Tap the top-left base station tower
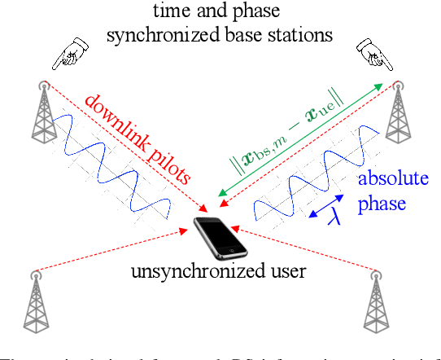[x=43, y=109]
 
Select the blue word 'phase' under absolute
[x=382, y=202]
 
